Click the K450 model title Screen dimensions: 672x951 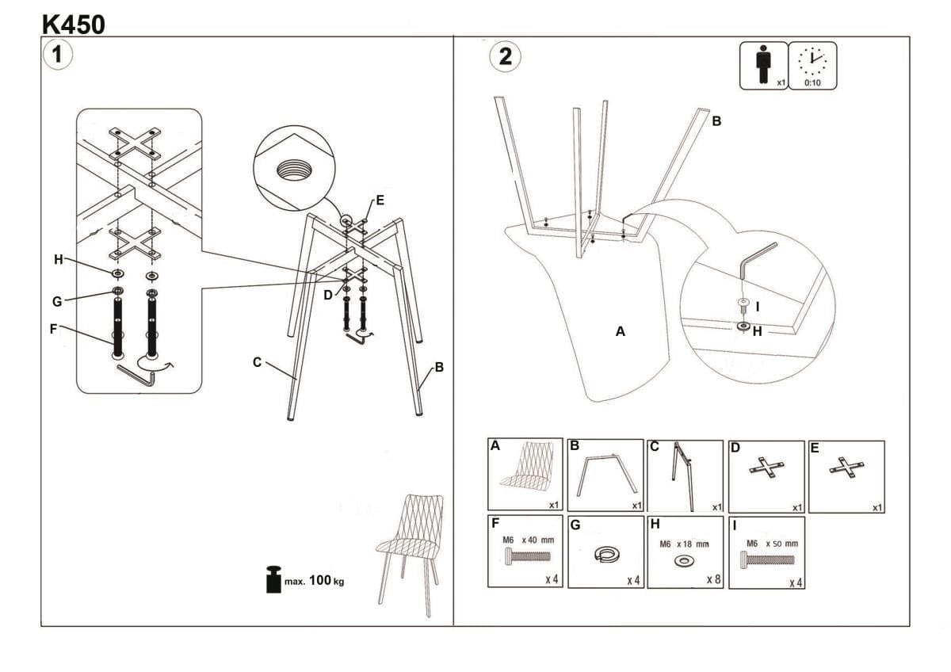click(x=73, y=24)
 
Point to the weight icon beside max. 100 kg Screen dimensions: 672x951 click(x=273, y=579)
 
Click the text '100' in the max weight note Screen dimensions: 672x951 click(x=319, y=581)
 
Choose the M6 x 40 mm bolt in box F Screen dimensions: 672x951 click(x=525, y=558)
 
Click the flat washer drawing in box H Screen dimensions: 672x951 click(x=682, y=561)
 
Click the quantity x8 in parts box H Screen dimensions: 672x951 click(x=713, y=579)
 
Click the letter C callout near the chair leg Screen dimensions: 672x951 click(x=257, y=362)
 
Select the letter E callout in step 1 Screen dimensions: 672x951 click(x=380, y=200)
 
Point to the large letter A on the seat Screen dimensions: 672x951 click(x=621, y=332)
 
